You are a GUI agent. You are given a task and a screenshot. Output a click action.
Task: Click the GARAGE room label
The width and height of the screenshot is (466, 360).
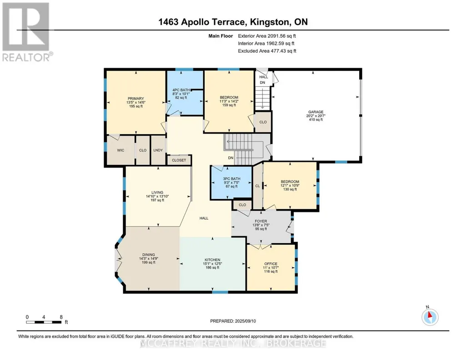coord(316,112)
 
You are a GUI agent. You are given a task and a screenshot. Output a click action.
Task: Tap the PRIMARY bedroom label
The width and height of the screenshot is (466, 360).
coord(136,99)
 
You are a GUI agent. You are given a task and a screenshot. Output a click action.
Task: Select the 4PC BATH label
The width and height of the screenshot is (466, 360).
coord(181,90)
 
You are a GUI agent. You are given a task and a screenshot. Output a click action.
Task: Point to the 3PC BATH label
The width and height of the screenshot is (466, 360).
coord(231,179)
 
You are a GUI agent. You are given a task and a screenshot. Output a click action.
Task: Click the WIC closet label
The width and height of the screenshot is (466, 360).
coord(120,150)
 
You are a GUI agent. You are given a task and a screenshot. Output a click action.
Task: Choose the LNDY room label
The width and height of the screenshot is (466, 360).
coord(158,150)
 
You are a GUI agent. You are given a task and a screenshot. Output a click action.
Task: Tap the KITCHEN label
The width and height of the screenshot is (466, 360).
coord(212,260)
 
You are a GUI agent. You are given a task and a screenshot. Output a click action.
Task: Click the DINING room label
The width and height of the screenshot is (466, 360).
coord(149,255)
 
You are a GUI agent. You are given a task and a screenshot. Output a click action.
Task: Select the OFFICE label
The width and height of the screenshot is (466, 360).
coord(271,264)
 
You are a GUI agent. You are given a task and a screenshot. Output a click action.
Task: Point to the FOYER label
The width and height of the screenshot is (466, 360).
coord(261,221)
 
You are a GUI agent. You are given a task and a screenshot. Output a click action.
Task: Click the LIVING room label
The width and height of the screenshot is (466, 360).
coord(157,192)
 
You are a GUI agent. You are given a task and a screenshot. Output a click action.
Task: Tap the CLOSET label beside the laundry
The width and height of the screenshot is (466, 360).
coord(179,160)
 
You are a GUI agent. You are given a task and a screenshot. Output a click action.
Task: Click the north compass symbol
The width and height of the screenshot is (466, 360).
coord(430,317)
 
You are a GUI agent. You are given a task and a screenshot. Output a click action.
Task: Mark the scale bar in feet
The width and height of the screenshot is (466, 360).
coord(44,322)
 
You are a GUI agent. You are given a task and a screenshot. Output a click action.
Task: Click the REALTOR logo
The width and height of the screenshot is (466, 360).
coord(27,32)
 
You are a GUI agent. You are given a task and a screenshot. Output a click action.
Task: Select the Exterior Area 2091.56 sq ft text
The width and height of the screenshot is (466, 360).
coord(267,36)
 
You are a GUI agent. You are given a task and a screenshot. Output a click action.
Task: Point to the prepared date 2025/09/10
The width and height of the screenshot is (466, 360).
coord(245,321)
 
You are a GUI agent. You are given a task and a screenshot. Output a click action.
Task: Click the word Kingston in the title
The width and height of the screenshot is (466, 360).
coord(270,22)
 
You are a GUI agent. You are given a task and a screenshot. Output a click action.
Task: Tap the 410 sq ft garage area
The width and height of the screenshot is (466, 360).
coord(316,120)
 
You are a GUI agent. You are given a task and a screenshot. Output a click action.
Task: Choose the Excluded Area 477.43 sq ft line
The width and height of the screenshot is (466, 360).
coord(267,51)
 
